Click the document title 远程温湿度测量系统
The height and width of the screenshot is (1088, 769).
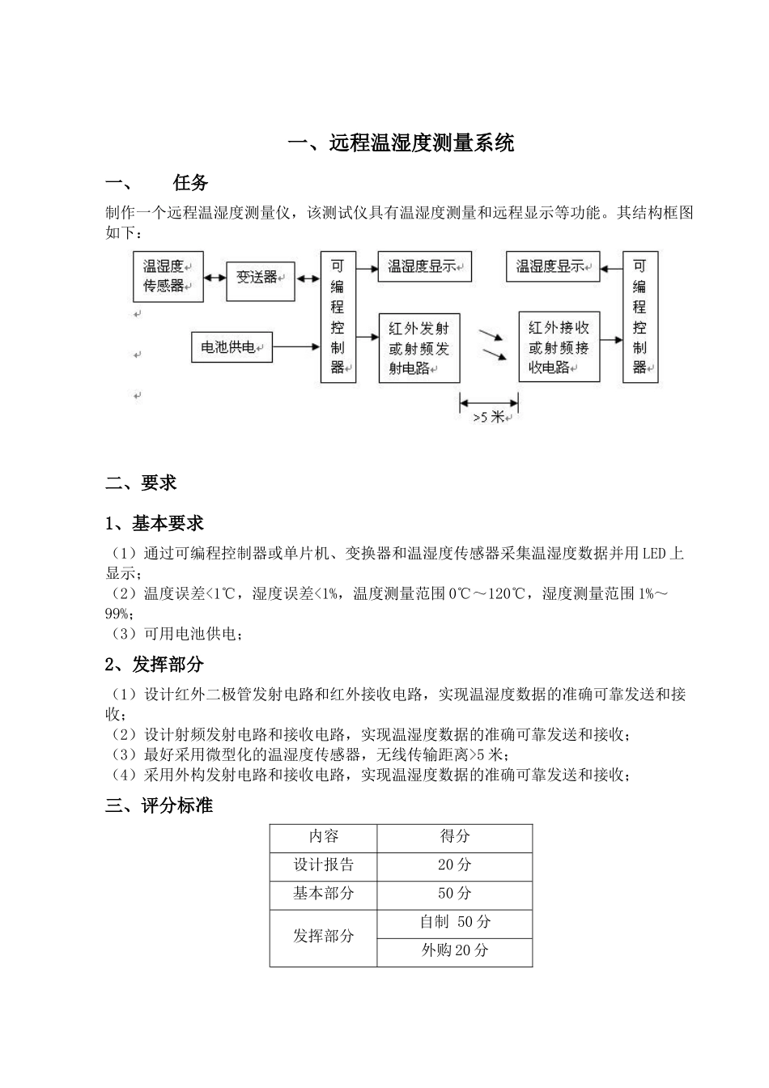[x=401, y=144]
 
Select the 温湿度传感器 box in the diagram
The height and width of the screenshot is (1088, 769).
[x=168, y=277]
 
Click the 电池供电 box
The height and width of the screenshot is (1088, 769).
[x=232, y=347]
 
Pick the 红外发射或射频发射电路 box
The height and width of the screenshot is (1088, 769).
[x=418, y=348]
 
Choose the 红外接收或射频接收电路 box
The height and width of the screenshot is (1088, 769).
[x=559, y=347]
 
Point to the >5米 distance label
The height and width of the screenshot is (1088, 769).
[x=488, y=418]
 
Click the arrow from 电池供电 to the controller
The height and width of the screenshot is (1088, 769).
[x=296, y=347]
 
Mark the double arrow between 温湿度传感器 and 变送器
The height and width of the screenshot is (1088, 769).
[x=215, y=278]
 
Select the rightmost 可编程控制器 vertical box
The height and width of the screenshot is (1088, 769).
[x=639, y=317]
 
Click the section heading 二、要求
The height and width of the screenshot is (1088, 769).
[x=141, y=483]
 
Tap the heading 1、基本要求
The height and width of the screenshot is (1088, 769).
[x=155, y=524]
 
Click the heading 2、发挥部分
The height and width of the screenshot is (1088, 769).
[x=155, y=665]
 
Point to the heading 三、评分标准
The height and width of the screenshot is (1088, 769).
[x=159, y=806]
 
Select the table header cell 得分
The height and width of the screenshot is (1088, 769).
[x=454, y=837]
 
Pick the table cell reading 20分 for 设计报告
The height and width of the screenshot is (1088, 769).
[x=454, y=865]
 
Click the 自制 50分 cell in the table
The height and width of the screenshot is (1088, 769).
[x=454, y=922]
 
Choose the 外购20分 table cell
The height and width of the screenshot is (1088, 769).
[x=454, y=951]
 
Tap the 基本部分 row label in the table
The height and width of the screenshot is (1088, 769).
[x=323, y=894]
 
